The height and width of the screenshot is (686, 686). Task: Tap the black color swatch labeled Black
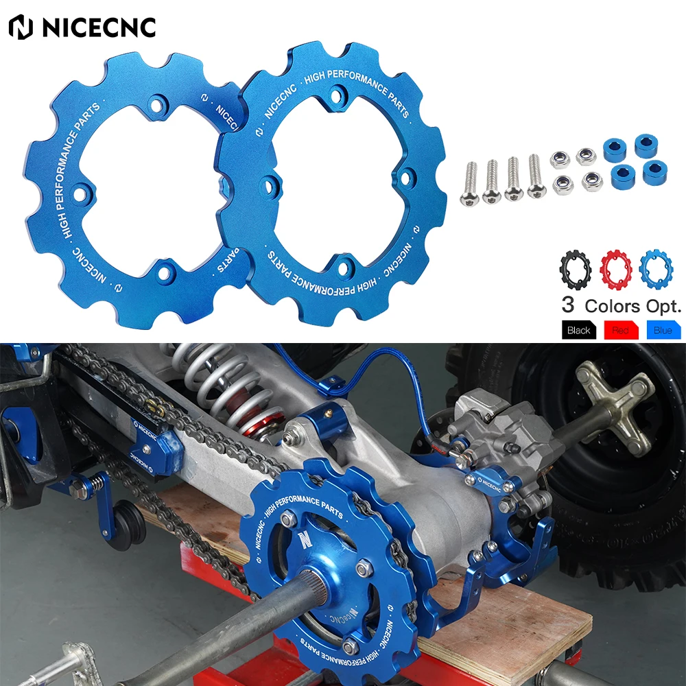pos(578,330)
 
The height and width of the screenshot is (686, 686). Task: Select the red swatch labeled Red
pos(620,330)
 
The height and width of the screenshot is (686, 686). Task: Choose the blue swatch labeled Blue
pos(663,330)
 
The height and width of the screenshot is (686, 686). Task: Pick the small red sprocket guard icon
pos(615,269)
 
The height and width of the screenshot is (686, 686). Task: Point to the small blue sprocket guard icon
pos(656,269)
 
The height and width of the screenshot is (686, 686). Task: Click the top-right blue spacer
pos(646,145)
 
